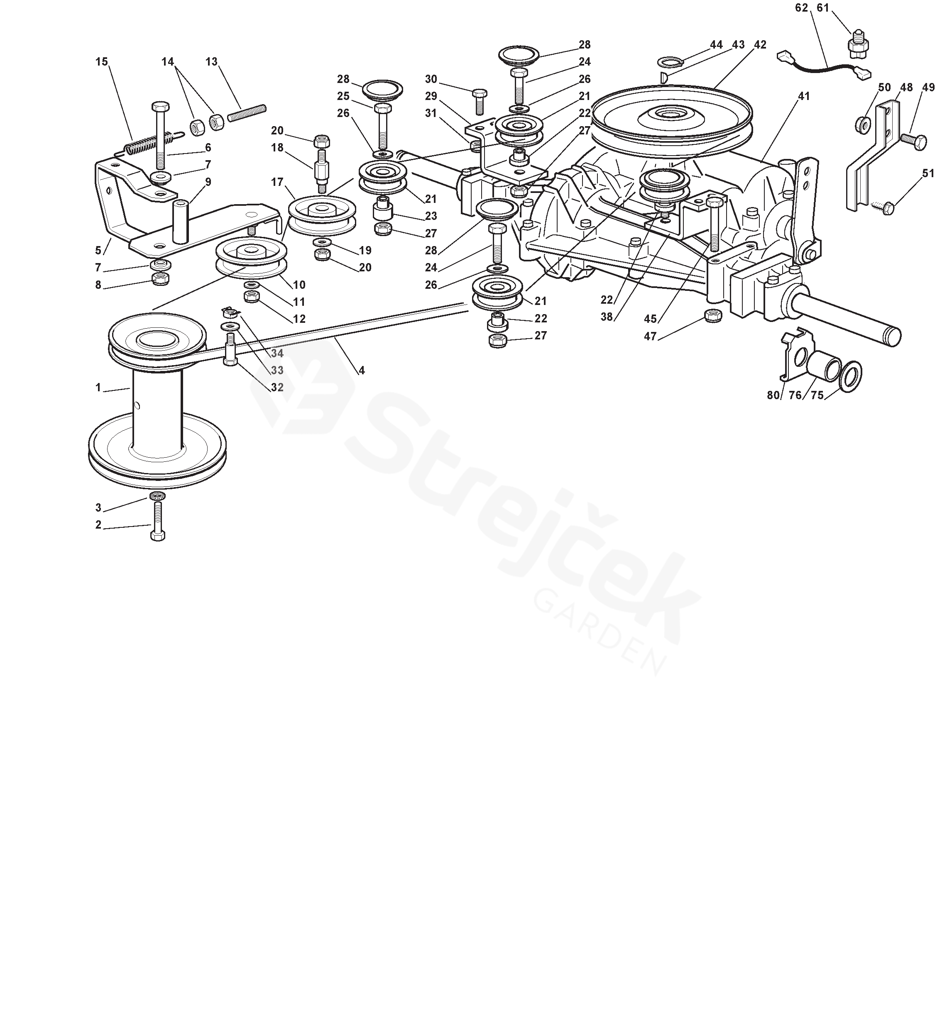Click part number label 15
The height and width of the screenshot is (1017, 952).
101,62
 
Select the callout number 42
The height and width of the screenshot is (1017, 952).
760,45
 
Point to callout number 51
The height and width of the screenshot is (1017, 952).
928,174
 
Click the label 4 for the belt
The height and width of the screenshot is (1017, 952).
362,371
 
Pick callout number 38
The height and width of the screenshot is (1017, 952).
607,317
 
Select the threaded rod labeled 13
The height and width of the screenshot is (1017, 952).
247,113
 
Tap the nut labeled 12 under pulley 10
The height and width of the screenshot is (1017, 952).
252,297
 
